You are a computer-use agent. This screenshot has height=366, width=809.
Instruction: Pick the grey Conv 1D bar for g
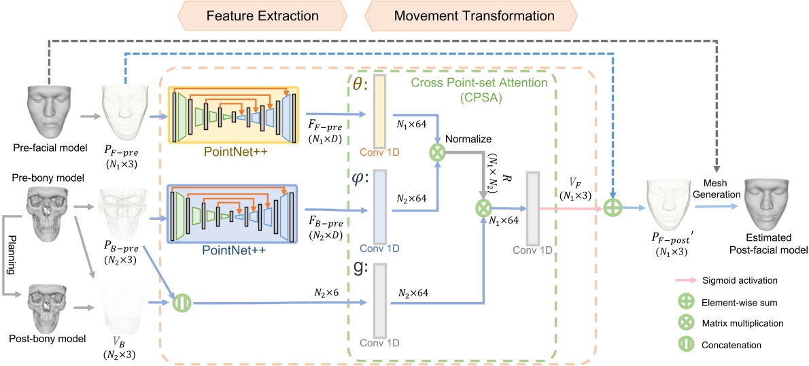379,300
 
